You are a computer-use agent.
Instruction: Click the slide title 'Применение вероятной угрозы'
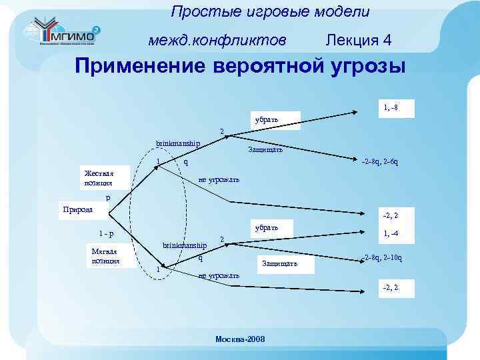click(x=240, y=67)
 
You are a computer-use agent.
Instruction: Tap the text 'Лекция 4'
click(x=358, y=41)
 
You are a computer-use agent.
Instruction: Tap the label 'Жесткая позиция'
click(x=99, y=178)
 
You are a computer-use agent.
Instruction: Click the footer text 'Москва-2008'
click(x=240, y=339)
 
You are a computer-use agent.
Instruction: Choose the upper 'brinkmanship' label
click(x=177, y=143)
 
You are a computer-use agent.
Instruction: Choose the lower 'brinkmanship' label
click(x=185, y=245)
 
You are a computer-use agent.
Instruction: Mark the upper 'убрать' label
click(x=266, y=120)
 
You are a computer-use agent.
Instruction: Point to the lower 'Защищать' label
click(x=279, y=264)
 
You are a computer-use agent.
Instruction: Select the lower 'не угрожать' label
click(x=219, y=275)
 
